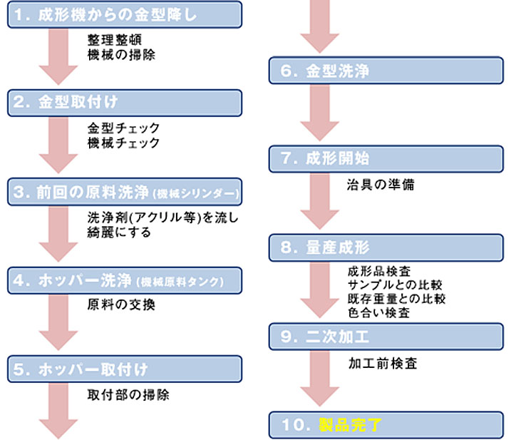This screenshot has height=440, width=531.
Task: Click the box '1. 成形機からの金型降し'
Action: click(125, 14)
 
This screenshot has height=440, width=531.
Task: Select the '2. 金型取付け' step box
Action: click(125, 103)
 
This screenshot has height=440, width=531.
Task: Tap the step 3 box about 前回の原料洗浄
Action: click(125, 192)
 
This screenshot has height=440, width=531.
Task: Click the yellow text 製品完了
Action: click(351, 426)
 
